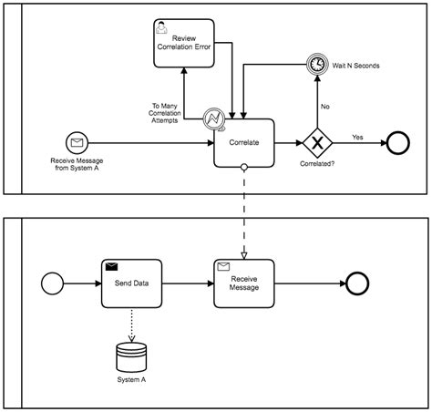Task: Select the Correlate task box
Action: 243,142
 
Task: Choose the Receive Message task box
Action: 243,283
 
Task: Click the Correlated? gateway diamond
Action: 317,143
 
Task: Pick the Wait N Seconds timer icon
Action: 317,66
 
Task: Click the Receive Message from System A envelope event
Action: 76,142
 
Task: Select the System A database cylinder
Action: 131,354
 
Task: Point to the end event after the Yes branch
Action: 398,143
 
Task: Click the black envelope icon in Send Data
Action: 111,266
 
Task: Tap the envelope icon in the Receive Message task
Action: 223,266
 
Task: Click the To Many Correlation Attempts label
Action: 173,110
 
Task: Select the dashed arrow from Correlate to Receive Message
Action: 243,210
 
